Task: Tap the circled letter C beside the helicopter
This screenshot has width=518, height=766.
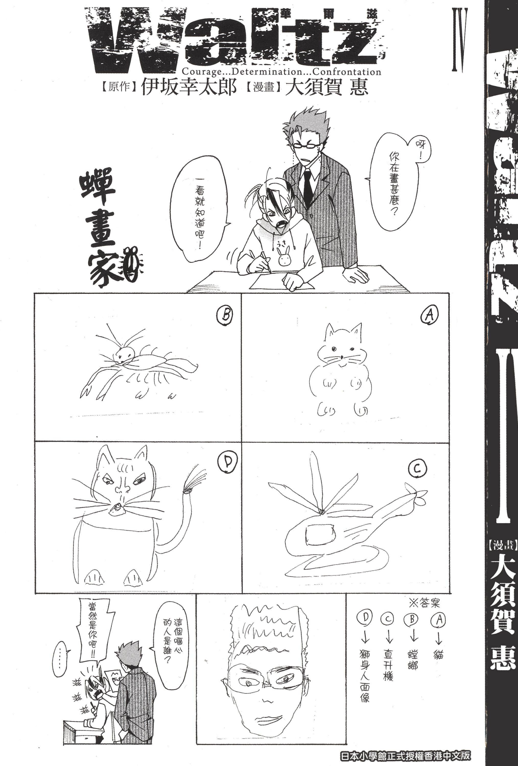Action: pos(417,468)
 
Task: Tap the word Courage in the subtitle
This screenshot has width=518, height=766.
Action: pos(198,71)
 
